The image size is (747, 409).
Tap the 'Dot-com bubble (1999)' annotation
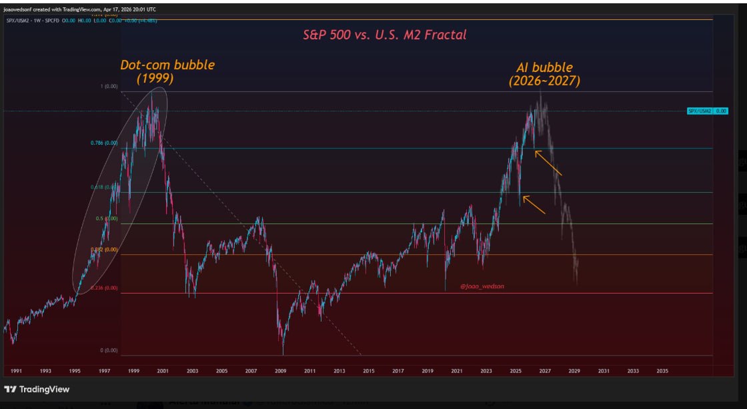tap(167, 71)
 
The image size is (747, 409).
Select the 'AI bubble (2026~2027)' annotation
tap(544, 74)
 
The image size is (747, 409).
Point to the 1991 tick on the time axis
tap(16, 370)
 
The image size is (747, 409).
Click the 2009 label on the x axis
tap(280, 370)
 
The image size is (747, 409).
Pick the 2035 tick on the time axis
tap(662, 370)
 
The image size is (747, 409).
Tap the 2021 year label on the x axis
tap(457, 370)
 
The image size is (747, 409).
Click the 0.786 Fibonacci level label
tap(103, 143)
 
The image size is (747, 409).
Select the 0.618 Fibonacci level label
tap(103, 187)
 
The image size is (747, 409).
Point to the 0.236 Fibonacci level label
tap(103, 288)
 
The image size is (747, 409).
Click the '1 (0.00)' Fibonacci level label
tap(109, 86)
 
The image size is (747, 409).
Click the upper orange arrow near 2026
tap(549, 163)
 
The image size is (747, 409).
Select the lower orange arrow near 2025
tap(534, 204)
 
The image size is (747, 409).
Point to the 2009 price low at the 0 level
tap(283, 353)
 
